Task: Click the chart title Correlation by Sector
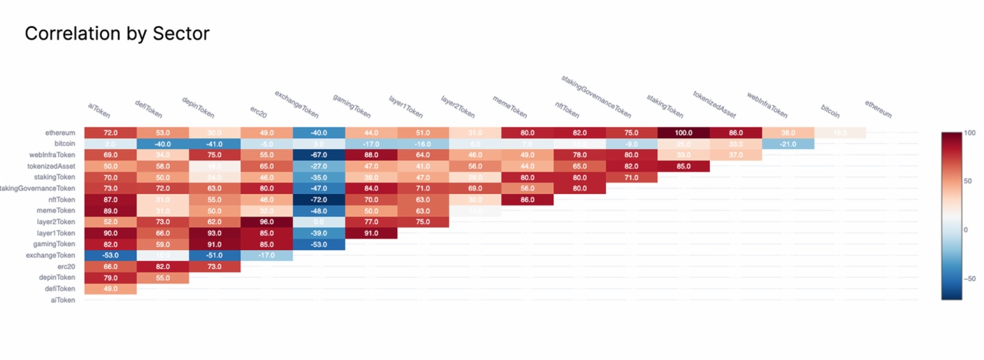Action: (117, 33)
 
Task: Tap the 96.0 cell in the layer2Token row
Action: (266, 222)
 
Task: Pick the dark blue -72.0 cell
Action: (318, 199)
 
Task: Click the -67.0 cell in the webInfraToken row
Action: (318, 155)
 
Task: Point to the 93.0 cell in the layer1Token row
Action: (215, 233)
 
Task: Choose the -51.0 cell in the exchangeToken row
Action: (215, 255)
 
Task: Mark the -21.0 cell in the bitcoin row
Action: (788, 144)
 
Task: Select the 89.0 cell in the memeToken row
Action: (111, 211)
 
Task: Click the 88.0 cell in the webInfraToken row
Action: (371, 155)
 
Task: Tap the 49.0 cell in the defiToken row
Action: (111, 289)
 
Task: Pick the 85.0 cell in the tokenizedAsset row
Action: (683, 166)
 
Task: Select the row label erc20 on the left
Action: (66, 266)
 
